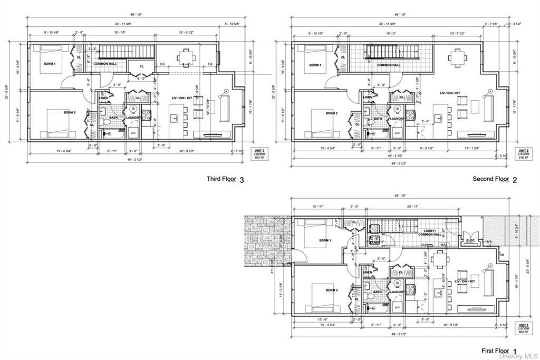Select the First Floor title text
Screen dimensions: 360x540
click(495, 351)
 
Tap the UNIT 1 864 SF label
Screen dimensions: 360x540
click(523, 328)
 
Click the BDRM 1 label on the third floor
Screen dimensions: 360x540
click(51, 64)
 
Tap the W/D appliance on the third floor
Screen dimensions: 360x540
click(132, 132)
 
